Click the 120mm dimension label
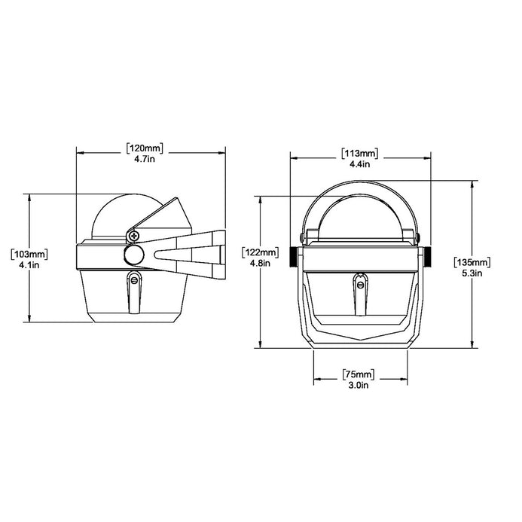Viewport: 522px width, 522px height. (145, 148)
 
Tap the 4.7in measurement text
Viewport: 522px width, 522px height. (145, 159)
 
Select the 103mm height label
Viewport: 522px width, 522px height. (29, 255)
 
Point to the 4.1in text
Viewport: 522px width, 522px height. (29, 265)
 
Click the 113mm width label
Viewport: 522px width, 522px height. (360, 154)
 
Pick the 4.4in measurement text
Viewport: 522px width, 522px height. (360, 164)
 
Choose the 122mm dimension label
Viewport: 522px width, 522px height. (261, 252)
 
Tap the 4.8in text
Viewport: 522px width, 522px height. (261, 263)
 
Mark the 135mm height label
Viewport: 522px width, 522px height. (472, 262)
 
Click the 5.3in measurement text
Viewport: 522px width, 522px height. (472, 273)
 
